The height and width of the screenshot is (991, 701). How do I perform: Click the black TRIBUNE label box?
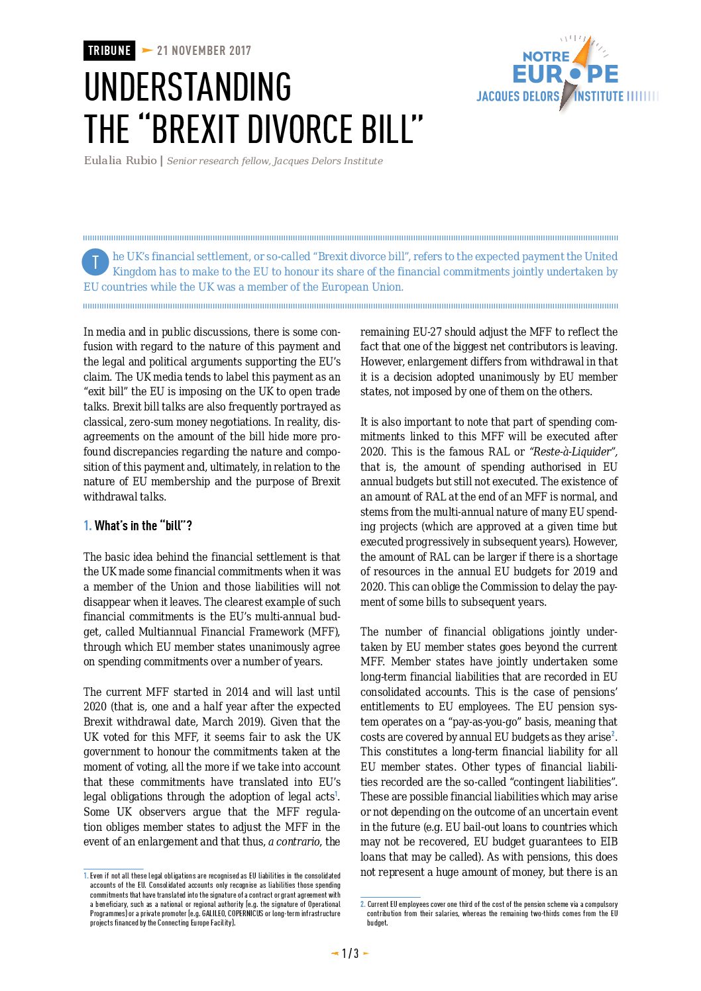click(x=109, y=51)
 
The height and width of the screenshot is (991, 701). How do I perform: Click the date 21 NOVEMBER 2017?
click(x=204, y=51)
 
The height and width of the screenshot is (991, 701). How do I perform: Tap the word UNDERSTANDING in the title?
click(x=188, y=88)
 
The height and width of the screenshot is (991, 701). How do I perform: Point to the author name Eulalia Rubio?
click(x=120, y=160)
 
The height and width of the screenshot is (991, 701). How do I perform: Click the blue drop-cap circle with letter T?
click(x=95, y=262)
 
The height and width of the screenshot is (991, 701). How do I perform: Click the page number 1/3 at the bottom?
click(x=350, y=953)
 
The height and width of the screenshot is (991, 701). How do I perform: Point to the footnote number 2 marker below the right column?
click(x=362, y=904)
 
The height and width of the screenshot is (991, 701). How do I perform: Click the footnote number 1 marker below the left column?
click(x=85, y=876)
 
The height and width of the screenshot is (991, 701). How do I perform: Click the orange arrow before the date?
click(x=147, y=51)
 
